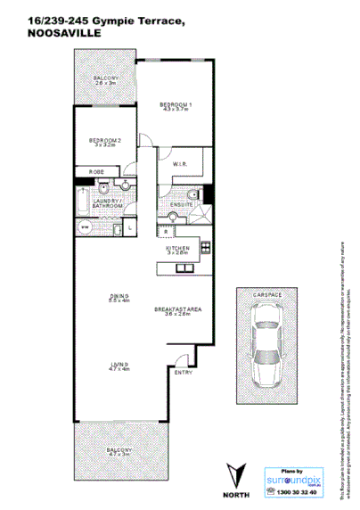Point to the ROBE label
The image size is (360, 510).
tap(92, 171)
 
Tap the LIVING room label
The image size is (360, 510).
tap(118, 366)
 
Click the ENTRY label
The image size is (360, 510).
tap(183, 371)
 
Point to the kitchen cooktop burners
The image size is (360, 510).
tap(205, 247)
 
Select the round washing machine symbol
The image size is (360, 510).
tap(86, 226)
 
